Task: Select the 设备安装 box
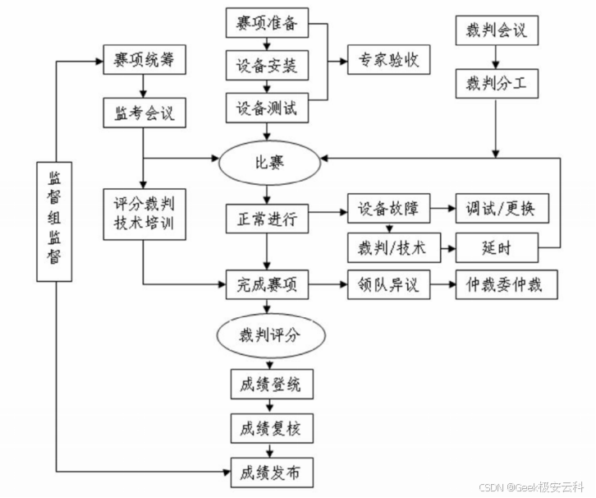pos(267,63)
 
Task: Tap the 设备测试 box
pos(267,107)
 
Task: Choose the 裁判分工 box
pos(495,82)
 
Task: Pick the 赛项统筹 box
pos(144,59)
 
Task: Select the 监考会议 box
pos(144,113)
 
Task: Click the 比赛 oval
pos(268,161)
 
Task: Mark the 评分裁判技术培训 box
pos(144,215)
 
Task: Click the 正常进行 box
pos(267,219)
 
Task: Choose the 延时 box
pos(497,246)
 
